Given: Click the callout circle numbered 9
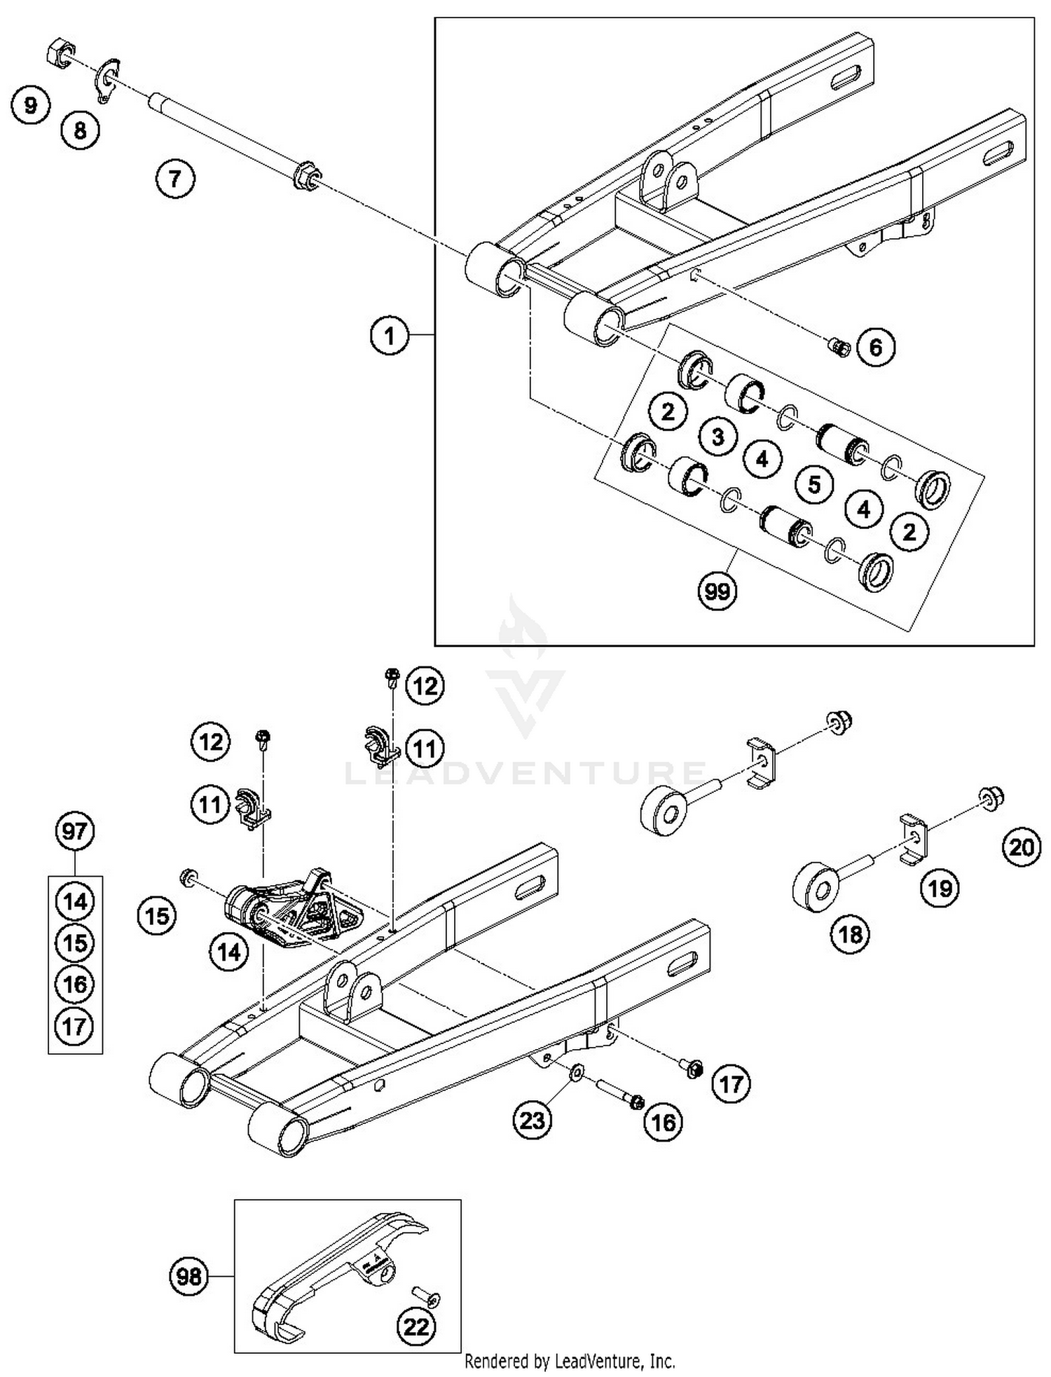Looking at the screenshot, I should pos(30,106).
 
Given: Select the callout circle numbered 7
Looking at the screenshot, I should pos(174,179).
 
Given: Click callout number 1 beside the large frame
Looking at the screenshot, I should pos(389,336).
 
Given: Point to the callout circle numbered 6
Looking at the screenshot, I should pos(876,347).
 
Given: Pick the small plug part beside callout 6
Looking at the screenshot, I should pos(839,346).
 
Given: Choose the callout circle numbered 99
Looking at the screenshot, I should pos(717,592).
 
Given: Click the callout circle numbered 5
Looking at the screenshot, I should pos(813,484).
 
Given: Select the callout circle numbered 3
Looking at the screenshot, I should pos(717,437).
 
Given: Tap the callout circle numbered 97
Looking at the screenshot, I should pos(74,831).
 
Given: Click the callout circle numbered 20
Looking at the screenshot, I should pos(1021,848).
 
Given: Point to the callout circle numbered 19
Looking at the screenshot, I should pos(939,889).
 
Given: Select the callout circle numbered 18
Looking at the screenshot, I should pos(850,934).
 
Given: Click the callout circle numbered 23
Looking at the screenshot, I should pos(532,1120).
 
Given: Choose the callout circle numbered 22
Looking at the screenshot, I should pos(416,1327).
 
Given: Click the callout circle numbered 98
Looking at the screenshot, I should pos(189,1277).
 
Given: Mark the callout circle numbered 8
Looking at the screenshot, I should pos(80,130).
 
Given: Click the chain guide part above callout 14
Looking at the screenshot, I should pos(294,907).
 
